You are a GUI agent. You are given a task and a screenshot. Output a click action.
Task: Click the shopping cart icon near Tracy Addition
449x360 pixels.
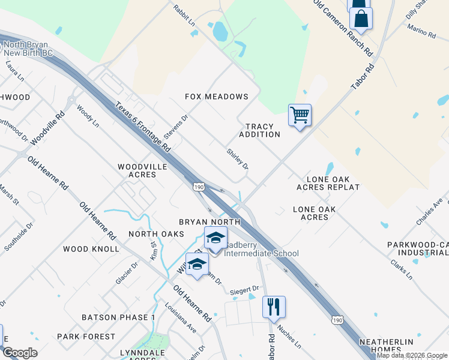pyautogui.click(x=300, y=114)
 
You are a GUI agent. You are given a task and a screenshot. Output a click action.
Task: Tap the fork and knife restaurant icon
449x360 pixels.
pyautogui.click(x=274, y=307)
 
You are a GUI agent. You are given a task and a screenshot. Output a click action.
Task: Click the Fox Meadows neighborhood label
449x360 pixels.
pyautogui.click(x=217, y=97)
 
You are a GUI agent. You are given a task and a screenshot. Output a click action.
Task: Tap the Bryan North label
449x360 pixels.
pyautogui.click(x=209, y=222)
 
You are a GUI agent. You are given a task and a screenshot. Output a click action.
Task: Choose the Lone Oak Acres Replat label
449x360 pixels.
pyautogui.click(x=328, y=183)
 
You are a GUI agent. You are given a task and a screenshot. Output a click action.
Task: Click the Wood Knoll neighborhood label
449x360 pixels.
pyautogui.click(x=91, y=248)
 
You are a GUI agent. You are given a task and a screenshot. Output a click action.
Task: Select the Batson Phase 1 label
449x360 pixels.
pyautogui.click(x=119, y=317)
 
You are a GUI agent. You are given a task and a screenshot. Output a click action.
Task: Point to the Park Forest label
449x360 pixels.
pyautogui.click(x=86, y=337)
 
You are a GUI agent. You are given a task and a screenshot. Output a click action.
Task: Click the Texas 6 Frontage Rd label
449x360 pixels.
pyautogui.click(x=143, y=126)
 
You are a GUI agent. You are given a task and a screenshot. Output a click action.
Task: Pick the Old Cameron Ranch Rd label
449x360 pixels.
pyautogui.click(x=343, y=28)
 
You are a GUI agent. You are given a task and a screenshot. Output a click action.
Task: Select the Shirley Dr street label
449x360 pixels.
pyautogui.click(x=237, y=159)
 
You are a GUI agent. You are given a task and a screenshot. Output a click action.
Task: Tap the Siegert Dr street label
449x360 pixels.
pyautogui.click(x=245, y=290)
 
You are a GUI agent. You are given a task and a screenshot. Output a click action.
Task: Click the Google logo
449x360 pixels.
pyautogui.click(x=20, y=353)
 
